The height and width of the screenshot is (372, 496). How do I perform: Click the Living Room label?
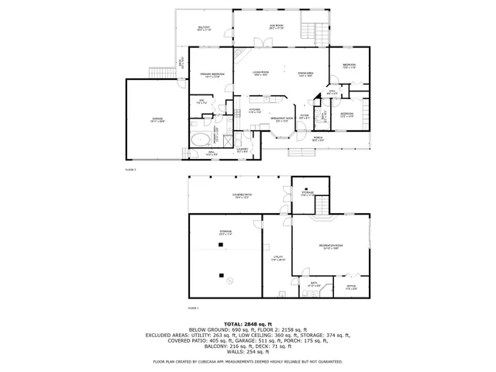[260, 74]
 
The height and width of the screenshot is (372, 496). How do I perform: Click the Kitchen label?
[255, 111]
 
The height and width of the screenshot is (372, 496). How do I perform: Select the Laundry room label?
[243, 150]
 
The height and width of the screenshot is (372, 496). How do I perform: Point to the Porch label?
[318, 139]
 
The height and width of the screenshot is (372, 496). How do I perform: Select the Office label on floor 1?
[351, 288]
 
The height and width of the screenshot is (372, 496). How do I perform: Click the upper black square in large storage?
[221, 246]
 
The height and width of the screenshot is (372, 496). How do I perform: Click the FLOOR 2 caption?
[130, 168]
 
